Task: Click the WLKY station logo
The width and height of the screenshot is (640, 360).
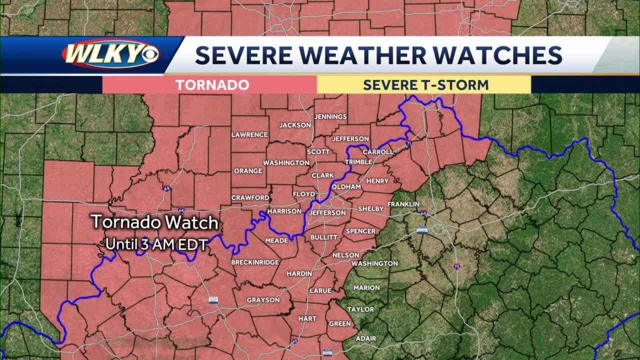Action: [111, 54]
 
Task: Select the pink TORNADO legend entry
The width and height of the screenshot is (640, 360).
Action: [212, 85]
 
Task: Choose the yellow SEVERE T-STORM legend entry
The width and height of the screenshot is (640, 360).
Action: [425, 85]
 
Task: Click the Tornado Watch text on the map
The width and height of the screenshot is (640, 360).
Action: [154, 222]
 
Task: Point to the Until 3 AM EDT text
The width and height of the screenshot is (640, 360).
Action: [156, 245]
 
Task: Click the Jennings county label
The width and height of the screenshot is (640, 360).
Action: [330, 116]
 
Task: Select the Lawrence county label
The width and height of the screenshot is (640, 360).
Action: [249, 134]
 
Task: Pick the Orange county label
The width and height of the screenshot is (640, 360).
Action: [248, 170]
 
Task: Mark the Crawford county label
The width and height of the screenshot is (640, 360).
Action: [250, 197]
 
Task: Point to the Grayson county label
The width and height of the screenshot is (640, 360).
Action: [263, 300]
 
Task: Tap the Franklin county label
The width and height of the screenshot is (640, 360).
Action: [403, 204]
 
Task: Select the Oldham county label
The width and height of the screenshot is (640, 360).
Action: [346, 186]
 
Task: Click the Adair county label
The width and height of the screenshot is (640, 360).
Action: [365, 338]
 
